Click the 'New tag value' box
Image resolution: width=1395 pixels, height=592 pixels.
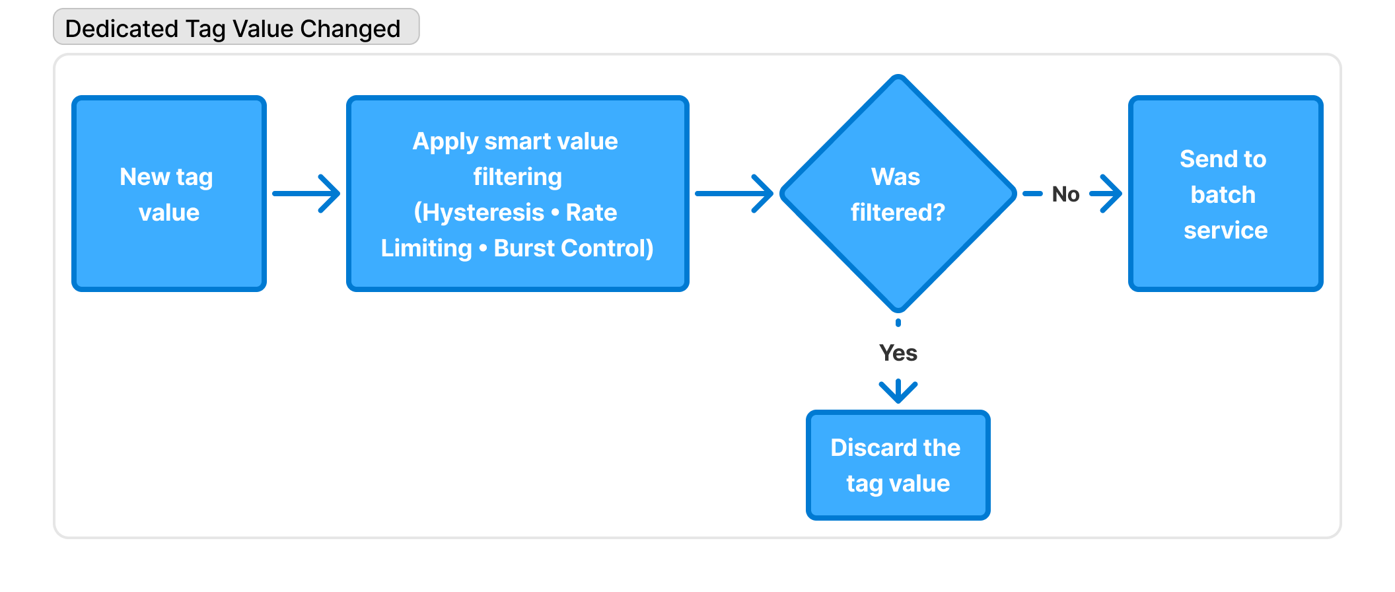click(168, 194)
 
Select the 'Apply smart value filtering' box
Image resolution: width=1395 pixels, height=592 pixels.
click(517, 194)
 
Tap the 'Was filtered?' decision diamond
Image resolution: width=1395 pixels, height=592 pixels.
click(898, 194)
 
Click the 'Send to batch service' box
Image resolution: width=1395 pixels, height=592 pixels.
click(1225, 194)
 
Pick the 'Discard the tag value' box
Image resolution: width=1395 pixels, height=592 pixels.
click(898, 465)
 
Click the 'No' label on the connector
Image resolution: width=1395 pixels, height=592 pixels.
click(1065, 194)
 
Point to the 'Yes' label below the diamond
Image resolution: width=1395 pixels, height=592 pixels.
click(898, 353)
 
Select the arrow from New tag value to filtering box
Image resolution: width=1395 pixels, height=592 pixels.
click(306, 194)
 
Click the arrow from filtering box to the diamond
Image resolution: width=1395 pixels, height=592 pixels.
click(734, 194)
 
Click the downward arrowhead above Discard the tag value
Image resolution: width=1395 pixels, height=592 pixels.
click(898, 391)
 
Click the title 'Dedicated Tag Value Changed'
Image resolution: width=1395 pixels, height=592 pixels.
click(232, 28)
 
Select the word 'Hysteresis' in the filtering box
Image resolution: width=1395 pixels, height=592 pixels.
click(483, 213)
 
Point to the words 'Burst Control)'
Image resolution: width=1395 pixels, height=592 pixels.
click(573, 248)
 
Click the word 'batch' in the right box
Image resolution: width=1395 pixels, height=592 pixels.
click(1223, 195)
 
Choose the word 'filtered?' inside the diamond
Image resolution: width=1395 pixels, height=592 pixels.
click(898, 213)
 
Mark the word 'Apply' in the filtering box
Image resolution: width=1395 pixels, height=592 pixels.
click(445, 141)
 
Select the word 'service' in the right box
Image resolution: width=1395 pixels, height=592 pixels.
click(1225, 231)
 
